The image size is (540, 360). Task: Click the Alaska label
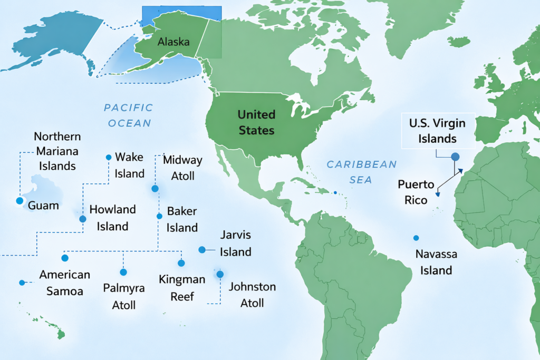tap(173, 42)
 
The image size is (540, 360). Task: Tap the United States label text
tap(256, 122)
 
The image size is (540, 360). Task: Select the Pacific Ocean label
tap(128, 115)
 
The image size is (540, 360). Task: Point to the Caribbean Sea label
tap(361, 172)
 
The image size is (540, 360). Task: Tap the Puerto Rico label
tap(416, 192)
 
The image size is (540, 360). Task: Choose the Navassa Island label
tap(433, 262)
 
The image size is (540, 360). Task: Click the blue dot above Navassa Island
tap(416, 238)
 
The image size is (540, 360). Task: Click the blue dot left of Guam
tap(20, 201)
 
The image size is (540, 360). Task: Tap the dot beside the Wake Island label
tap(109, 157)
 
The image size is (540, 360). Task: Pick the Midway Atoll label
tap(182, 168)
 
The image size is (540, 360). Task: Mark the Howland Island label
tap(112, 218)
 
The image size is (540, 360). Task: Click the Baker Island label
tap(182, 219)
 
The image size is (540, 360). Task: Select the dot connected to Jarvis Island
tap(201, 249)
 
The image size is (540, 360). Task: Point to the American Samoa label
tap(64, 283)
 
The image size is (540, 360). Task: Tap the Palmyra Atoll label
tap(123, 296)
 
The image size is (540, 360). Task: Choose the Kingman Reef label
tap(182, 288)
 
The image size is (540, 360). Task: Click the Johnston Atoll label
tap(252, 295)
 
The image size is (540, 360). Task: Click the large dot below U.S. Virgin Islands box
tap(455, 157)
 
